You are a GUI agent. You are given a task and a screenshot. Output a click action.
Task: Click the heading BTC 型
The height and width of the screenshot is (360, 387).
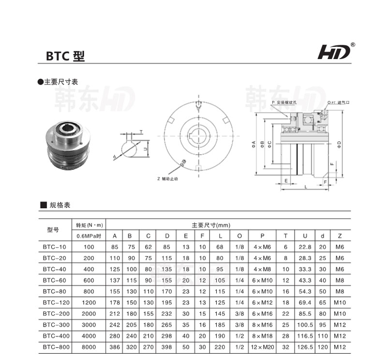[x=65, y=56]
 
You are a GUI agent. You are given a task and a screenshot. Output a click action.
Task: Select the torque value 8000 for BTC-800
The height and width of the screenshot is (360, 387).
[x=89, y=347]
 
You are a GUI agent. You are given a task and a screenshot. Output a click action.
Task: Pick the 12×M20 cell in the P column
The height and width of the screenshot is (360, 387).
[x=263, y=347]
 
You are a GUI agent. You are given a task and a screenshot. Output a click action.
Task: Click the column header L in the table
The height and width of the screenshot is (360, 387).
[x=220, y=236]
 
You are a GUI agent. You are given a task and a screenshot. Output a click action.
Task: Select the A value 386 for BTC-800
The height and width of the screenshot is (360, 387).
[x=115, y=347]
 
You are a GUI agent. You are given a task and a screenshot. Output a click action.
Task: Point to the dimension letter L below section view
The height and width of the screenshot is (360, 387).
[x=305, y=187]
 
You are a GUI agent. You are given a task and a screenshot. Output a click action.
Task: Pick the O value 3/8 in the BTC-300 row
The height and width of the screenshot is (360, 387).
[x=239, y=325]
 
